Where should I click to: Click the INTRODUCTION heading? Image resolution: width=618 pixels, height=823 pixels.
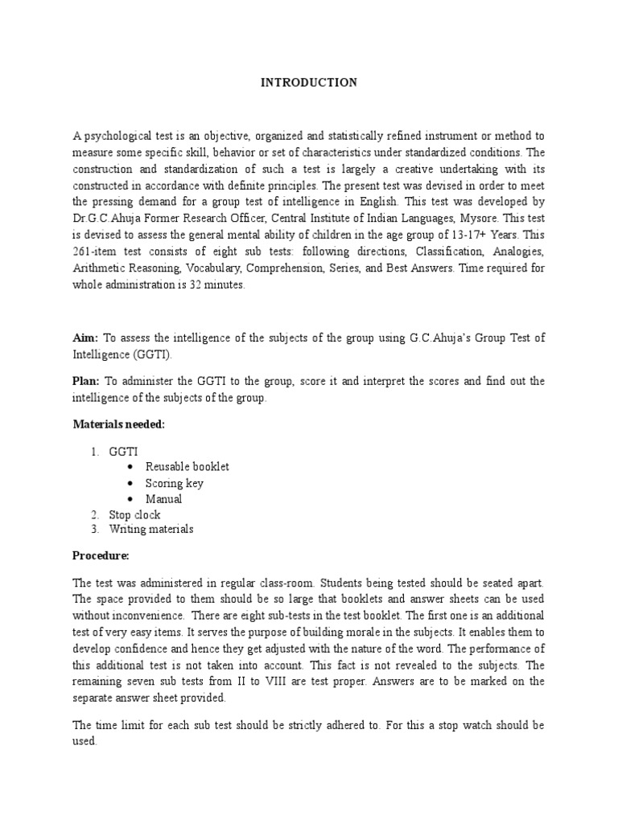tap(309, 83)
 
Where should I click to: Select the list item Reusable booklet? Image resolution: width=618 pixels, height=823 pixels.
tap(187, 467)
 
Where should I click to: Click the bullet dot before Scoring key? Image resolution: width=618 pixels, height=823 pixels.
tap(130, 483)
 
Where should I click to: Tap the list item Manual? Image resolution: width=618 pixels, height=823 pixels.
tap(163, 499)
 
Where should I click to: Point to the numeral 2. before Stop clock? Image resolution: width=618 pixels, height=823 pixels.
tap(93, 515)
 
